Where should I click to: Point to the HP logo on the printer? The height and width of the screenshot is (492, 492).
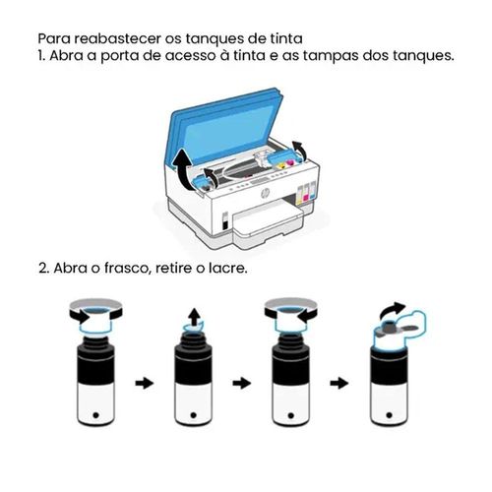tap(265, 194)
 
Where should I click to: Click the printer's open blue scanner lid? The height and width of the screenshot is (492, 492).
tap(226, 126)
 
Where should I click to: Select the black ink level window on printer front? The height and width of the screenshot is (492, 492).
tap(225, 220)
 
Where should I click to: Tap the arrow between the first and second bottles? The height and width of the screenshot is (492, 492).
tap(145, 383)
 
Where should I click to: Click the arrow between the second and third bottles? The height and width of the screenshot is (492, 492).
tap(242, 383)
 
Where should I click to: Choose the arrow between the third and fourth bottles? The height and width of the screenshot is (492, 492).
tap(339, 383)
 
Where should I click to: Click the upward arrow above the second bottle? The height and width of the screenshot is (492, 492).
tap(195, 316)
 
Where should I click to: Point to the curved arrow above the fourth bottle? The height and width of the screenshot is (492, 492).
tap(392, 310)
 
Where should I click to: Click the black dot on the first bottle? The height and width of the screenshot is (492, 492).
tap(95, 415)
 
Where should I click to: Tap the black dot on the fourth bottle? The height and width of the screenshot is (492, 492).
tap(389, 415)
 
